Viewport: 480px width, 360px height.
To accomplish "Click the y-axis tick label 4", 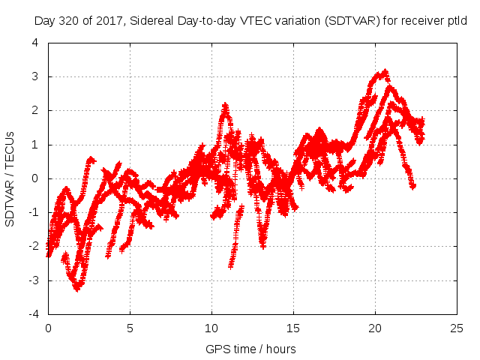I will tap(35, 42).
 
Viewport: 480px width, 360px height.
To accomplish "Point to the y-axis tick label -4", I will tap(34, 314).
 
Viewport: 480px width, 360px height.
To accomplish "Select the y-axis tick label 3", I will tap(35, 76).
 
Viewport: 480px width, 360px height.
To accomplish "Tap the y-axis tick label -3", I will tap(34, 280).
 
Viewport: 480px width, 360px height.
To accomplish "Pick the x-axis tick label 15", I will tap(293, 328).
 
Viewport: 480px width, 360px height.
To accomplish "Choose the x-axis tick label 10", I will tap(211, 328).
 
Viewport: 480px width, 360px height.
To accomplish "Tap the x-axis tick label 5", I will tap(130, 328).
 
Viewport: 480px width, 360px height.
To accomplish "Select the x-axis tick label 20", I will tap(375, 328).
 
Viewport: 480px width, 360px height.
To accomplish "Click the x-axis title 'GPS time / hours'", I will tap(251, 349).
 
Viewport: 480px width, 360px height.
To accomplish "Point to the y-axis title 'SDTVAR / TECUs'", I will tap(10, 178).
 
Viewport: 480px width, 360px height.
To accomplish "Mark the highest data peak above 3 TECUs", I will tap(385, 72).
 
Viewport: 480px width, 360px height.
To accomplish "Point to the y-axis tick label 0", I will tap(35, 178).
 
